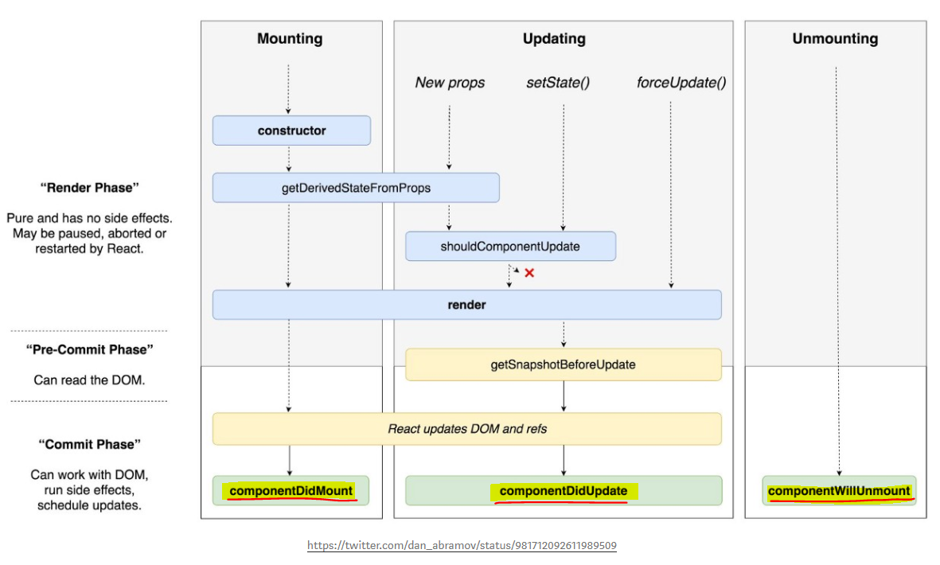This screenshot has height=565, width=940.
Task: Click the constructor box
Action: point(291,131)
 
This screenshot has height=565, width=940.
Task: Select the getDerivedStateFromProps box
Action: point(356,188)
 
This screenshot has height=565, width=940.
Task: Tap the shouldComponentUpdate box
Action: point(510,247)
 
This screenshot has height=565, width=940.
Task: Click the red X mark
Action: point(529,273)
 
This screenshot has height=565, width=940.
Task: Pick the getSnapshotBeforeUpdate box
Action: point(563,364)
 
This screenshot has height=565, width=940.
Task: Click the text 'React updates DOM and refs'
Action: point(467,429)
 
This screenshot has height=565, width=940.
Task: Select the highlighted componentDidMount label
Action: point(291,491)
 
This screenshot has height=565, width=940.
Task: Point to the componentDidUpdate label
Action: point(563,491)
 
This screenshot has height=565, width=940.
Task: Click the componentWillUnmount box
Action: point(839,491)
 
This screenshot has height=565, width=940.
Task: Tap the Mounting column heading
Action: point(290,39)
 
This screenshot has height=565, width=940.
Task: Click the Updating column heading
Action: point(554,39)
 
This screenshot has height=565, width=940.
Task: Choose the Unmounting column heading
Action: point(835,39)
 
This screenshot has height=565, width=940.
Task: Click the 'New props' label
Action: point(450,83)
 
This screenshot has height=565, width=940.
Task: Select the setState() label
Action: point(558,83)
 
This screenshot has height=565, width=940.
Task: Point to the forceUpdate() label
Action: point(681,83)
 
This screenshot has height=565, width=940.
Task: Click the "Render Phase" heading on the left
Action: point(89,188)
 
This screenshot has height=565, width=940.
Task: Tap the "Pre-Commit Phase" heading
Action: point(89,349)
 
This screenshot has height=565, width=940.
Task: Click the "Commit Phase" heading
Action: point(89,444)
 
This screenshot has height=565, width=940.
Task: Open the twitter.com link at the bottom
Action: point(462,546)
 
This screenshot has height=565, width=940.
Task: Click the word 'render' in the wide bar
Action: point(466,305)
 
